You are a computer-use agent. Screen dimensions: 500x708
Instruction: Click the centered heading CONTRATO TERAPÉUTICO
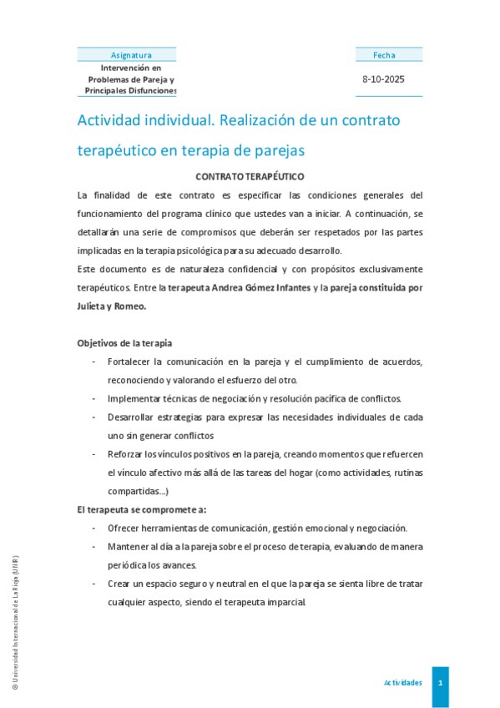[x=250, y=177]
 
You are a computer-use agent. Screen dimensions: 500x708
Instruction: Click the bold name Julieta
[x=94, y=306]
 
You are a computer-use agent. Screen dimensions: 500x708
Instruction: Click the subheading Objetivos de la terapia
[x=125, y=343]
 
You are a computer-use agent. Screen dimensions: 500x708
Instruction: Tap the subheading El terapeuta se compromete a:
[x=142, y=509]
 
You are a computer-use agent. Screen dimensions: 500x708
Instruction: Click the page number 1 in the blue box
[x=440, y=683]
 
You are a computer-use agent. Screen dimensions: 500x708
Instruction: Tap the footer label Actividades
[x=402, y=683]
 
